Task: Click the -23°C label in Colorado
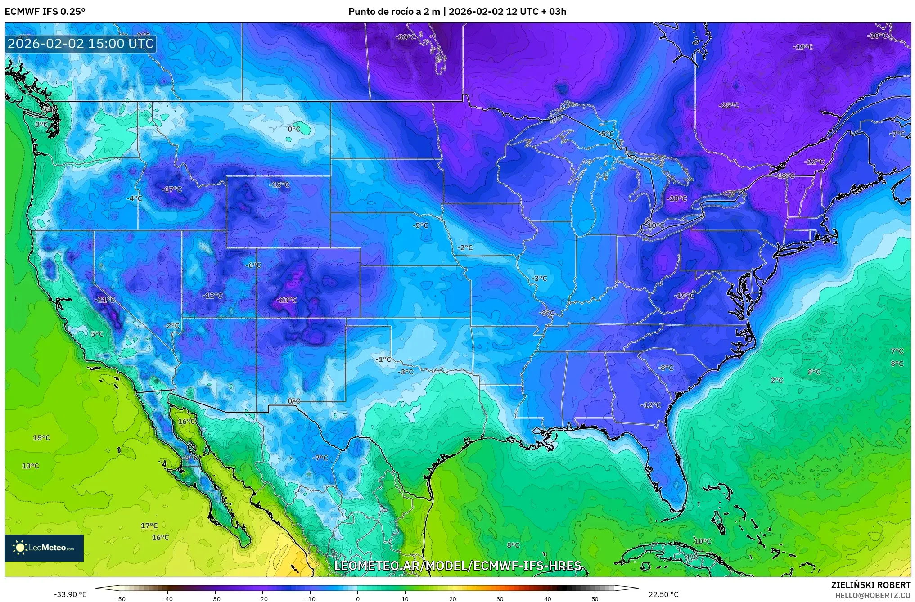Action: tap(287, 300)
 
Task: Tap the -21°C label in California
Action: tap(105, 300)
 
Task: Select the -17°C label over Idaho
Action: tap(171, 189)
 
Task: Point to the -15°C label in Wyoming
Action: tap(279, 185)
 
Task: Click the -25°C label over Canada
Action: tap(729, 105)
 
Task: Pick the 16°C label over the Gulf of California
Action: tap(186, 422)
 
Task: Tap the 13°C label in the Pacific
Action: tap(31, 466)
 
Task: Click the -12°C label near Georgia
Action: tap(650, 405)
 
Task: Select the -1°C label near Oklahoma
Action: tap(383, 359)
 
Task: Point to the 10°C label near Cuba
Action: tap(703, 541)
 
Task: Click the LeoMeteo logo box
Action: tap(44, 548)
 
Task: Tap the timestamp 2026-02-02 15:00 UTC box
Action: tap(81, 44)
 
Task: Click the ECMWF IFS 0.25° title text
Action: tap(45, 12)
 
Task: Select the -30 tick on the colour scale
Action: tap(215, 598)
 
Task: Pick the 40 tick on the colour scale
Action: tap(547, 598)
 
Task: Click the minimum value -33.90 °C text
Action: tap(71, 594)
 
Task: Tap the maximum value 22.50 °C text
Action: tap(663, 594)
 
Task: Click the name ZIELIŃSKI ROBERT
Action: tap(870, 585)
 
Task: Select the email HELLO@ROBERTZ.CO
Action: tap(873, 595)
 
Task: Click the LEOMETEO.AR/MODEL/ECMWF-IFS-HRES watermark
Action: tap(458, 566)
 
